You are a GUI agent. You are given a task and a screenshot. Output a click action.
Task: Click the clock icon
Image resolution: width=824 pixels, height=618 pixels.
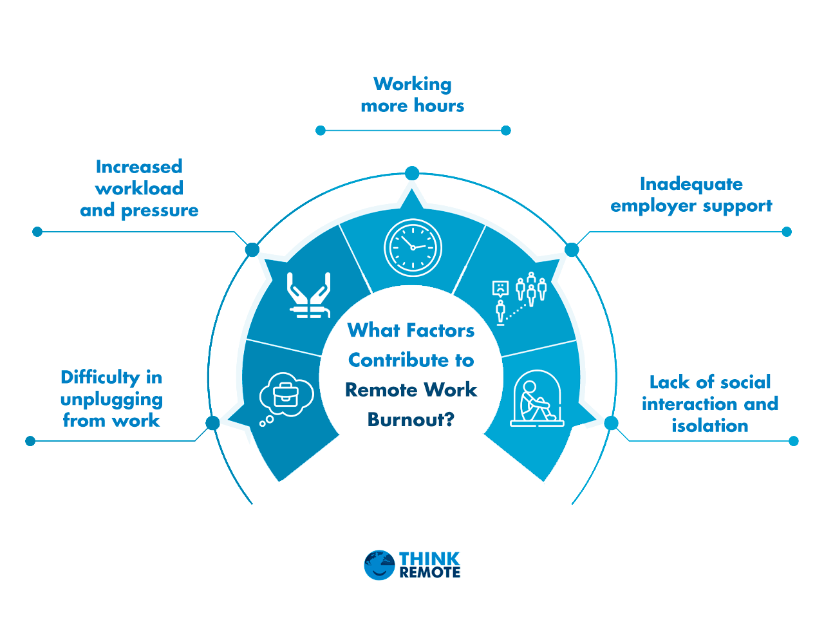pyautogui.click(x=413, y=248)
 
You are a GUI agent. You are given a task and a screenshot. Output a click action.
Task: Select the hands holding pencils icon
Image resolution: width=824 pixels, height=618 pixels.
pyautogui.click(x=309, y=295)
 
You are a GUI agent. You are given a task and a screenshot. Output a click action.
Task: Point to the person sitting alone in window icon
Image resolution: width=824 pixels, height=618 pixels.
pyautogui.click(x=537, y=398)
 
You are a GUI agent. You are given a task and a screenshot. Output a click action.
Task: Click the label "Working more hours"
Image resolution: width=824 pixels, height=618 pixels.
pyautogui.click(x=413, y=95)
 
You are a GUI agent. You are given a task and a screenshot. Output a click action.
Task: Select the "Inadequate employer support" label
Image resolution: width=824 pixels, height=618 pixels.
pyautogui.click(x=691, y=194)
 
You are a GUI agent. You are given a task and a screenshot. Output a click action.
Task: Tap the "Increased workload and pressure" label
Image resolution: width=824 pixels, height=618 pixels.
pyautogui.click(x=139, y=189)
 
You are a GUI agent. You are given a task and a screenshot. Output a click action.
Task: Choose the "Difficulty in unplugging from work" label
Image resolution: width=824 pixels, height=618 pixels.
pyautogui.click(x=111, y=398)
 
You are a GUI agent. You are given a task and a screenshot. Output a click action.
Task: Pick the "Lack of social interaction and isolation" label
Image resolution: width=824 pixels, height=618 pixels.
pyautogui.click(x=709, y=404)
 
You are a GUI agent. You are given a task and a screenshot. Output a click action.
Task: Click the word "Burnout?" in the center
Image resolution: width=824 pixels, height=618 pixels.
pyautogui.click(x=411, y=420)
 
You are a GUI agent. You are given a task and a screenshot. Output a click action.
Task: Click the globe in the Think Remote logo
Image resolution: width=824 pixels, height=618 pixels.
pyautogui.click(x=379, y=565)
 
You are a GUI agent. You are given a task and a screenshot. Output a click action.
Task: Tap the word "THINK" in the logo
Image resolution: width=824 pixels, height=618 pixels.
pyautogui.click(x=429, y=558)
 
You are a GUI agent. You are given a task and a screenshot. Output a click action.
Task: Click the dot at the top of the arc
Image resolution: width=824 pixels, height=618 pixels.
pyautogui.click(x=412, y=173)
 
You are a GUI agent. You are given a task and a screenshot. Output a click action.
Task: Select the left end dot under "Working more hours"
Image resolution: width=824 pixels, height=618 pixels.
pyautogui.click(x=321, y=131)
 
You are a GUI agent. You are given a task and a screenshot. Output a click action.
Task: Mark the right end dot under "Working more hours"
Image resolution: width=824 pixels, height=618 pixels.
pyautogui.click(x=505, y=131)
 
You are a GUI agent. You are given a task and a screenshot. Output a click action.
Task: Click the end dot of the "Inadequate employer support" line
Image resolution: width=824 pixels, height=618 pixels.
pyautogui.click(x=787, y=232)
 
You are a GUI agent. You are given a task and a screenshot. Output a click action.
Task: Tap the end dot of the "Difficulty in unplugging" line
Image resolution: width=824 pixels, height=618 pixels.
pyautogui.click(x=30, y=441)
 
